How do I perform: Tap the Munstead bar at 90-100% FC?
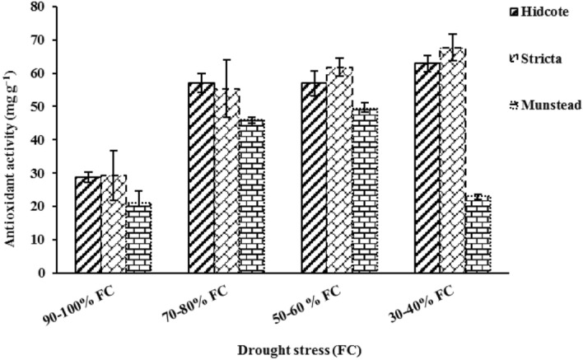[x=138, y=238]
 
